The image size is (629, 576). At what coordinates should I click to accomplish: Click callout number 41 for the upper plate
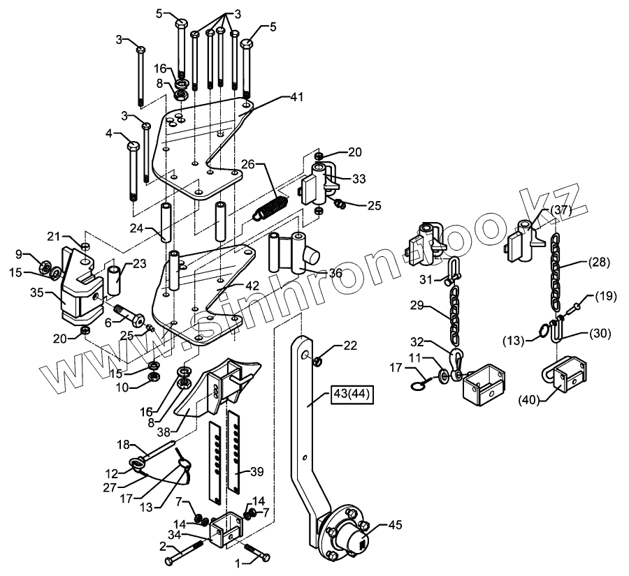(298, 99)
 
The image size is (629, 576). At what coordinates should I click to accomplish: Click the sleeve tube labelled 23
(117, 278)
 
